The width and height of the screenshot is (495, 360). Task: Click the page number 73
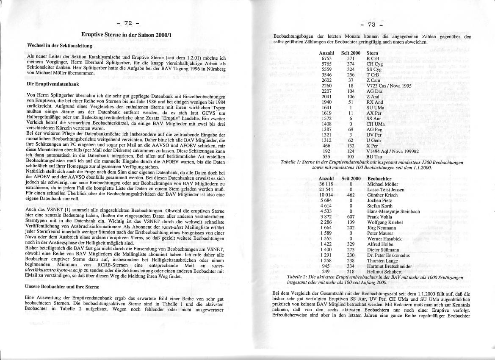point(372,24)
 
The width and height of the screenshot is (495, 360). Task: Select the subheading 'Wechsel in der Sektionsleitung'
point(59,45)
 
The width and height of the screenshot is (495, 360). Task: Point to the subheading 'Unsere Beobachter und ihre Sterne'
point(63,287)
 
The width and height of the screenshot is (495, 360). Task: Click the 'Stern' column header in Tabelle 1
point(372,53)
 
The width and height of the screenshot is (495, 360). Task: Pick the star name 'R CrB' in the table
point(373,58)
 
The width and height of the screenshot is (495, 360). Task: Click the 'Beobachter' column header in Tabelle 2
point(379,179)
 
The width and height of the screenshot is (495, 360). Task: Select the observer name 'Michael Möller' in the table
point(383,184)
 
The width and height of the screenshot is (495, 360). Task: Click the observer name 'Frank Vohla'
point(380,217)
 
